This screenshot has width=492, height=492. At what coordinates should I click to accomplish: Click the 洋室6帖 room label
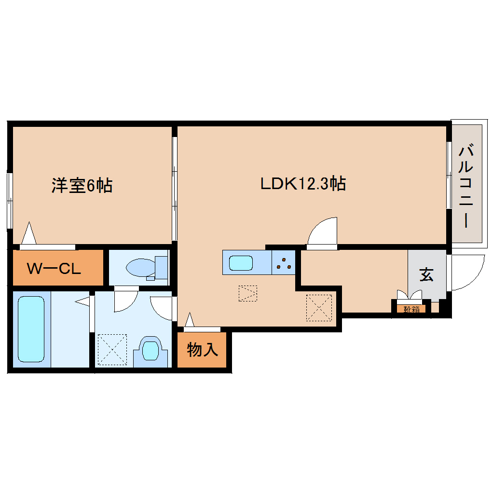coord(82,185)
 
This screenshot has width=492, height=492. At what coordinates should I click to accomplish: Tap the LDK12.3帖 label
coord(303,183)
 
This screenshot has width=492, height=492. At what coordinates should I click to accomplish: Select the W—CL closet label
coord(53,268)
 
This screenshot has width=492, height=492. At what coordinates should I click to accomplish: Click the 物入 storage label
coord(203,350)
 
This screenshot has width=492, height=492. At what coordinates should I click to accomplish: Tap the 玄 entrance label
coord(426,275)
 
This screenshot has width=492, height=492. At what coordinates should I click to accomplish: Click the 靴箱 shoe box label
coord(411,309)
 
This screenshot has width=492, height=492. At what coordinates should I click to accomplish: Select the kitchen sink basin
coord(240,263)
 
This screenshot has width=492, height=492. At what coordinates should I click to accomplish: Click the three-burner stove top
coord(283,263)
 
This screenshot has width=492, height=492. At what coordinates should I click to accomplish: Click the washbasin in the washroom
coord(150,350)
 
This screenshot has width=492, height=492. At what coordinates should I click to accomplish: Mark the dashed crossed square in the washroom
coord(112,349)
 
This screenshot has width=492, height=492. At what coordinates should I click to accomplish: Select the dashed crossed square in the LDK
coord(319,307)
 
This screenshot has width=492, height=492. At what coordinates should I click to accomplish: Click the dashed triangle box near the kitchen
coord(247,293)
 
